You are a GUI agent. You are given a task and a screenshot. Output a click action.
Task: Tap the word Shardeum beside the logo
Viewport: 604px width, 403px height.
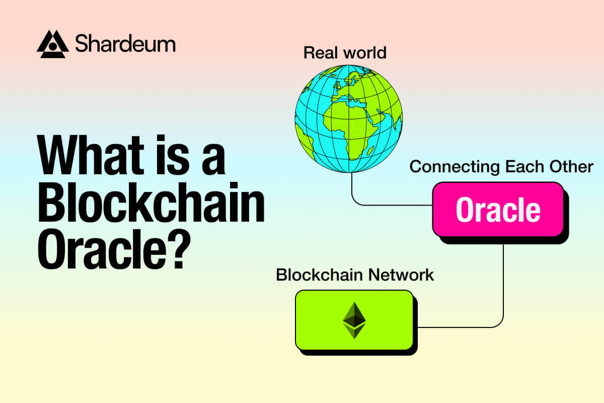click(125, 44)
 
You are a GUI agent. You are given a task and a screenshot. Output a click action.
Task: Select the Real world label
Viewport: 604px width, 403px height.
click(345, 52)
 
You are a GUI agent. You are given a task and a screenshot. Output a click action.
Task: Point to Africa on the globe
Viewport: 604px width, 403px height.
click(352, 126)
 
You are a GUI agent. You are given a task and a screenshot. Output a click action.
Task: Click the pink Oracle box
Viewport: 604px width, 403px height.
click(498, 210)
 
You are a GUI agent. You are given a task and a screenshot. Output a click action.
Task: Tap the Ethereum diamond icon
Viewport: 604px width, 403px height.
click(354, 320)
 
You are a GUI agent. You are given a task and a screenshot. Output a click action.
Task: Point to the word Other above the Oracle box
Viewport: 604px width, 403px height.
click(571, 167)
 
